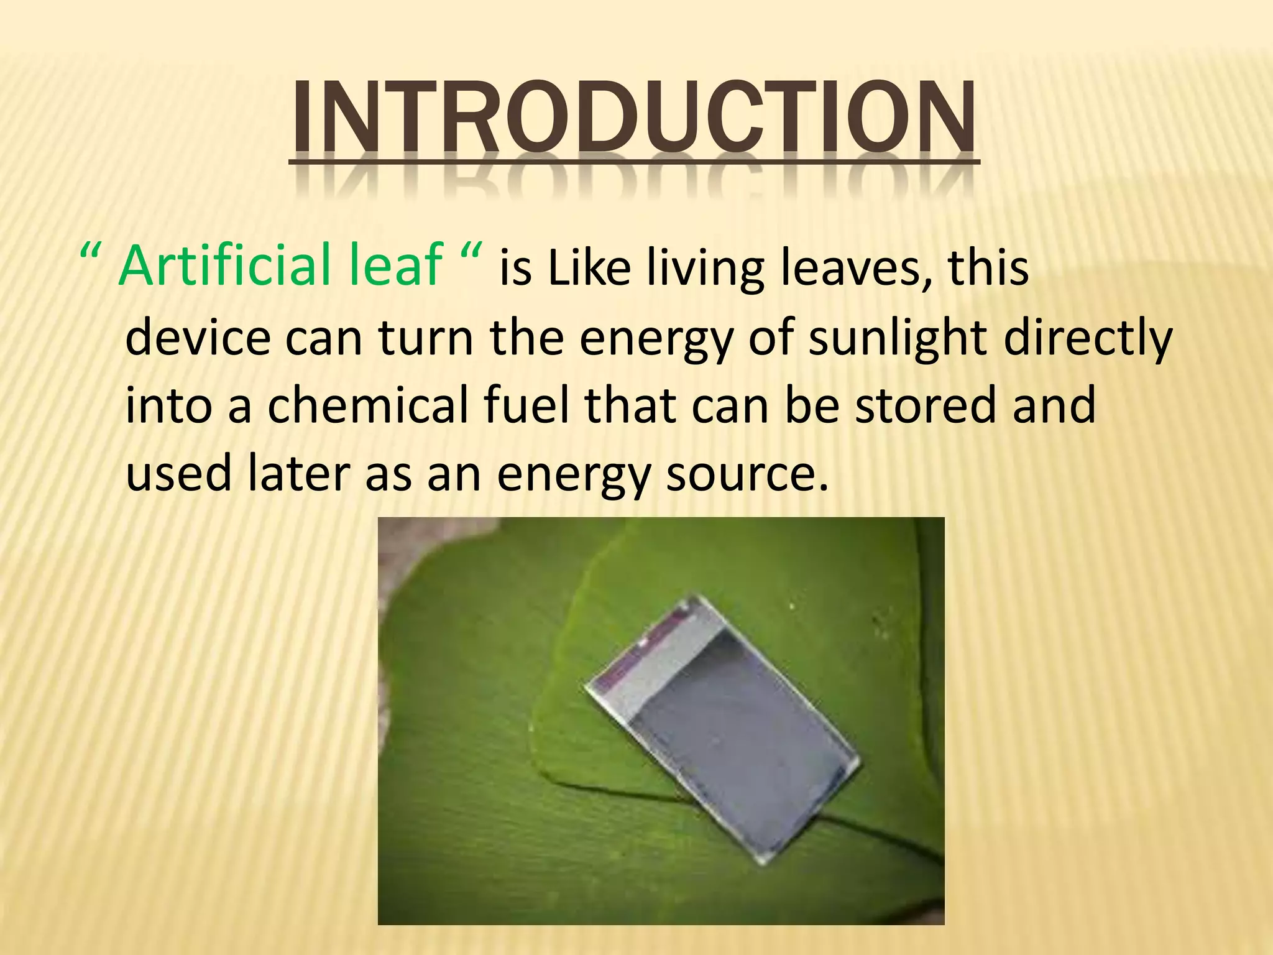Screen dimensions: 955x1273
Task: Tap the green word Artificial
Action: tap(224, 265)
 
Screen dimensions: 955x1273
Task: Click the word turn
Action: tap(425, 339)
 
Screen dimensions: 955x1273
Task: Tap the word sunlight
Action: tap(897, 339)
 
